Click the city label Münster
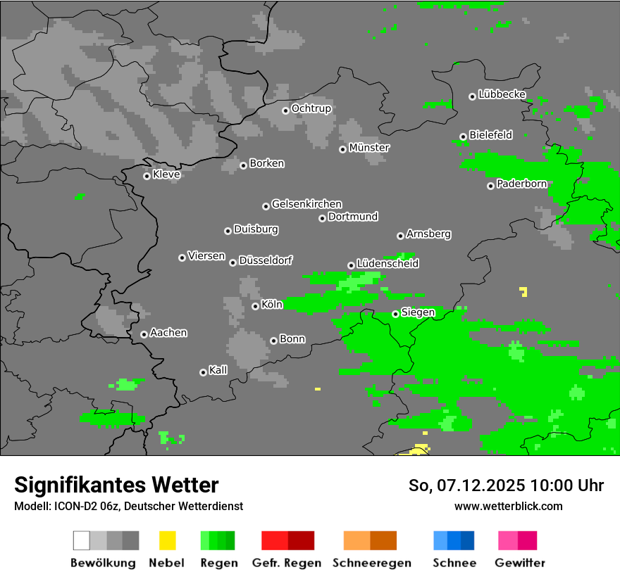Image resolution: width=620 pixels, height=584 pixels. click(x=369, y=148)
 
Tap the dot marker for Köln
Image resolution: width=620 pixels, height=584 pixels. click(x=255, y=306)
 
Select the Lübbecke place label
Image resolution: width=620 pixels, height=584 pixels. click(x=502, y=94)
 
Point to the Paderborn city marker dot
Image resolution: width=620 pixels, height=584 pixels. click(x=490, y=186)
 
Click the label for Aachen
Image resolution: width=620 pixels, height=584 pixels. click(x=168, y=333)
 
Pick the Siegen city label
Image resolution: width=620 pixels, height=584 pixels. click(x=418, y=312)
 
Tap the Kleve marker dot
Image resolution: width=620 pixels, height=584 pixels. click(x=147, y=176)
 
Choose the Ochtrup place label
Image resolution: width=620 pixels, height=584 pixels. click(x=311, y=108)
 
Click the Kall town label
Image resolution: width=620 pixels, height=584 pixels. click(x=218, y=370)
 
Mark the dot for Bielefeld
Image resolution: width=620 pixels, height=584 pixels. click(x=463, y=137)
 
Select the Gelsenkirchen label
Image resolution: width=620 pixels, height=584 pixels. click(x=306, y=204)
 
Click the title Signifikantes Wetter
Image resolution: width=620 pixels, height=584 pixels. click(x=116, y=485)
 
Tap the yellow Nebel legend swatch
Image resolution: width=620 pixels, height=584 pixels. click(x=167, y=540)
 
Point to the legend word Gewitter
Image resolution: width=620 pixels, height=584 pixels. click(x=520, y=563)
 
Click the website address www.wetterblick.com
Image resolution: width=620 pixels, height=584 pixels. click(x=508, y=506)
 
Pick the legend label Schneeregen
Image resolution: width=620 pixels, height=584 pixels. click(x=371, y=563)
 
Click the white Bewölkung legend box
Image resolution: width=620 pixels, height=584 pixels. click(x=81, y=540)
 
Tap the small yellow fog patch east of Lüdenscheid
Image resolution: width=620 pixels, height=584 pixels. click(x=523, y=291)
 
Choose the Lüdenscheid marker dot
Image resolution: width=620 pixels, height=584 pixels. click(x=351, y=265)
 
